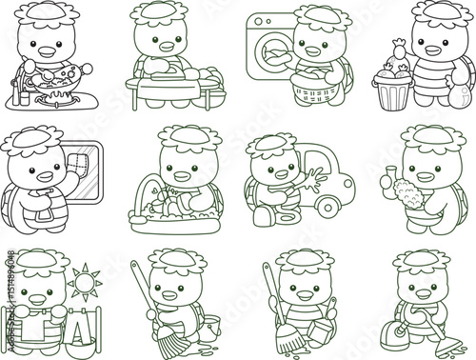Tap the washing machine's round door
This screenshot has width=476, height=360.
[272, 48]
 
